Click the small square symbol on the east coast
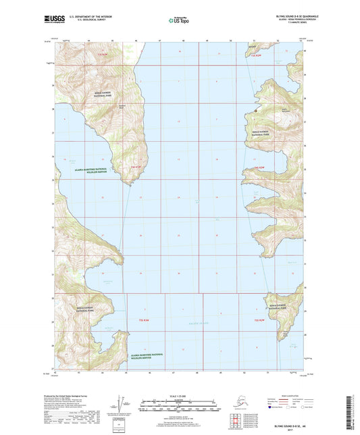[x=256, y=109]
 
